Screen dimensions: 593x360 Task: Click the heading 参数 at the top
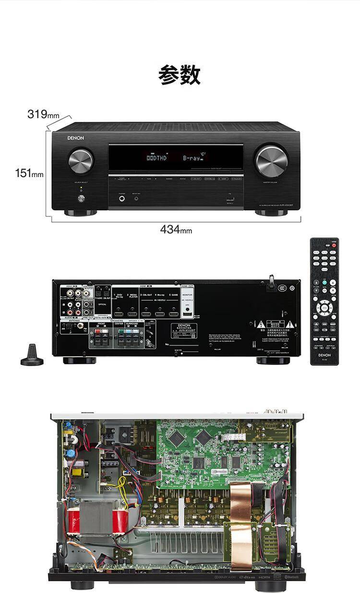180,75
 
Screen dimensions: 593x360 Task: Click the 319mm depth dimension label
43,114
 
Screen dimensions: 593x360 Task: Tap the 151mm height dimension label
29,173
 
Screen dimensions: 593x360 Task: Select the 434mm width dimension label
176,230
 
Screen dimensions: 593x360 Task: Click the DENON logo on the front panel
75,138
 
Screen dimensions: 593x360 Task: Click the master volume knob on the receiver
272,160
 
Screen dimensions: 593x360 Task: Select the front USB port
229,198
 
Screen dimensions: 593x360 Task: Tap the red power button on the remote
334,245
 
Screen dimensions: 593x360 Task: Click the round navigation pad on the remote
324,307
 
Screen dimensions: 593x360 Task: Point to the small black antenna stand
32,355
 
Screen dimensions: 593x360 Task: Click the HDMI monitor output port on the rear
188,315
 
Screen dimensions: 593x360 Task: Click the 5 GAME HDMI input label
173,294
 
